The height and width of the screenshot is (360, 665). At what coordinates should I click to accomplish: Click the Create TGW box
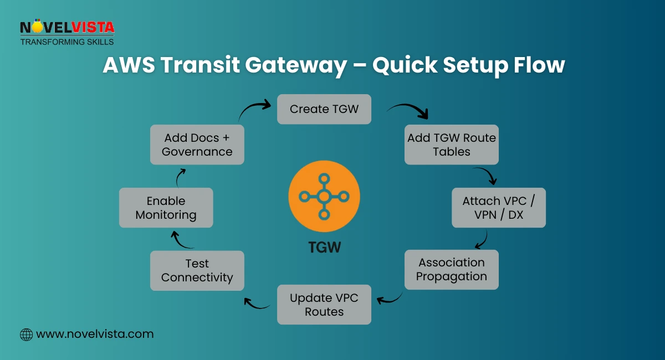tap(324, 109)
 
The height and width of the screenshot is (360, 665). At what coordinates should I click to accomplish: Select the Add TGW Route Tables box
tap(451, 145)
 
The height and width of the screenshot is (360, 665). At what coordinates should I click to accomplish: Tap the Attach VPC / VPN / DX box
tap(499, 208)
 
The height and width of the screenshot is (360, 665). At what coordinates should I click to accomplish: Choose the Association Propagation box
tap(451, 270)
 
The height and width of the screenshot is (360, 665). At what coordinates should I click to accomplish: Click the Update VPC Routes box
tap(324, 305)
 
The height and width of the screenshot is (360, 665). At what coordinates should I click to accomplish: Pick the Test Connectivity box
tap(197, 270)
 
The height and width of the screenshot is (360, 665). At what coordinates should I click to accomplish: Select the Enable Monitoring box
tap(166, 208)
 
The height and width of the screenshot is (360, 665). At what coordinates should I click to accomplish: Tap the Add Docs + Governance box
tap(197, 145)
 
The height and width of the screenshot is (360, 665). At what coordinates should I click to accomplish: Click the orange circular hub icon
tap(324, 196)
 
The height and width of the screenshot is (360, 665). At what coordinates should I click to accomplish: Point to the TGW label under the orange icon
tap(324, 246)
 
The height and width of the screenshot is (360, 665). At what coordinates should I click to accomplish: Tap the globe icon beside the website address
tap(26, 335)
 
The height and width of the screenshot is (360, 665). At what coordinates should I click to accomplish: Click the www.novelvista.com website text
tap(95, 334)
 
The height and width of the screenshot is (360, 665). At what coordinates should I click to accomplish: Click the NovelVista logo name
tap(67, 27)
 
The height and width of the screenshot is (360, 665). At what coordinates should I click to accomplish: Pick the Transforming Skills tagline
tap(67, 42)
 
